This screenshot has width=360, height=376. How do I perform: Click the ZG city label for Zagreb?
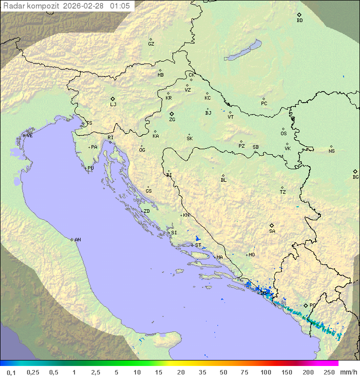pos(172,120)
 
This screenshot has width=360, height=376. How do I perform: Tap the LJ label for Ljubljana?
pos(113,104)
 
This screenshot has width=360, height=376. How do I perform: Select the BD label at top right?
pos(299,21)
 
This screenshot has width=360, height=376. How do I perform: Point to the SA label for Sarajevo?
pos(272,231)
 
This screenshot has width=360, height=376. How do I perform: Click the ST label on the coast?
pos(198,245)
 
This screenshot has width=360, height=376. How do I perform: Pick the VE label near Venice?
pos(29,136)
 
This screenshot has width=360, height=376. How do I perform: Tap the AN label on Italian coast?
pos(77,240)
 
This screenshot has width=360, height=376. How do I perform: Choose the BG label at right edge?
pos(355,177)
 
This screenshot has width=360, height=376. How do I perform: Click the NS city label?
pos(331,151)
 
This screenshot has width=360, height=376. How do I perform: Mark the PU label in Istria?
pos(90,168)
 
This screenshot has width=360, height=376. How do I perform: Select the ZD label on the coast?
pos(146,211)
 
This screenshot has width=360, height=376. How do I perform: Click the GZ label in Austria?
pos(151,44)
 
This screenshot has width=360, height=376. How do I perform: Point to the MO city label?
pos(251,255)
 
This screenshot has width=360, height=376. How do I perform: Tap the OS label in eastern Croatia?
pos(283,134)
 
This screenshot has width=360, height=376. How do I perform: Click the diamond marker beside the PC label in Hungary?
pos(263,99)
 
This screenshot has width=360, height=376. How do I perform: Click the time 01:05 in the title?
pos(120,6)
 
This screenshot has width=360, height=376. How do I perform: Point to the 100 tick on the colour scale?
pos(265,372)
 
